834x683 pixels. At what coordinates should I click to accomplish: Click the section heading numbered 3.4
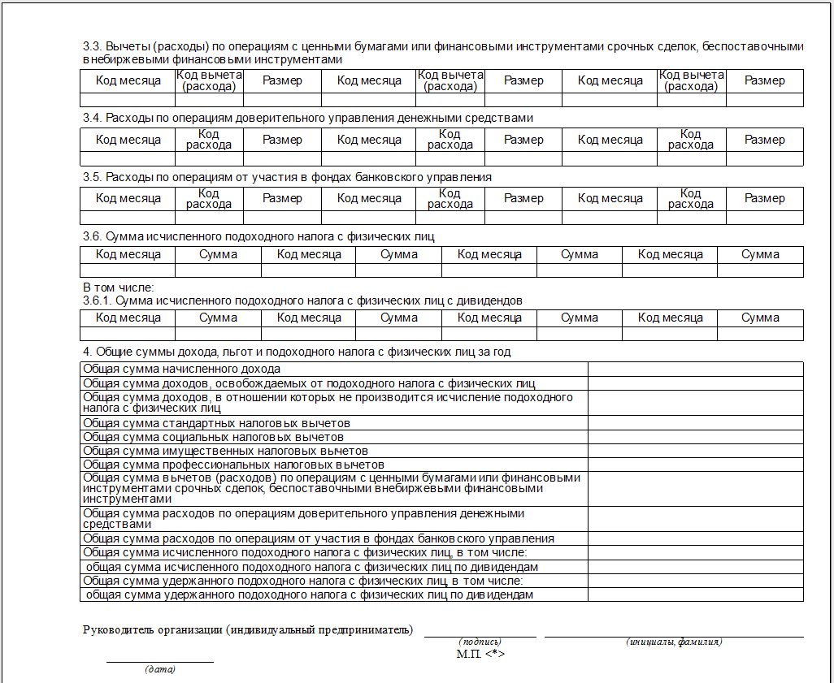(x=308, y=118)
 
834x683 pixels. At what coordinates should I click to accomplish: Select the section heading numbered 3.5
(x=287, y=177)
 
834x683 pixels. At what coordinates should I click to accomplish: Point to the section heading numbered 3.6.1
(x=302, y=300)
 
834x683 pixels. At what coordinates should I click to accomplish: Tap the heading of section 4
(x=297, y=352)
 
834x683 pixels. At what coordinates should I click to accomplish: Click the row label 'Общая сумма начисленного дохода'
(x=182, y=369)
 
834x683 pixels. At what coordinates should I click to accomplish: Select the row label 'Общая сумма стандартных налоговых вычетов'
(x=217, y=423)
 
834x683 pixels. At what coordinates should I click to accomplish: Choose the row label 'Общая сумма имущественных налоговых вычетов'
(x=226, y=451)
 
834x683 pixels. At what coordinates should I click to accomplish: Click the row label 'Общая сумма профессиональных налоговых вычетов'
(x=234, y=465)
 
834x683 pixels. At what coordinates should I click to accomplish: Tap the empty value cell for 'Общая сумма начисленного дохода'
(x=695, y=369)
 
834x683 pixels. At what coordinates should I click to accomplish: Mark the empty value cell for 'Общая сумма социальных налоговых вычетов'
(x=695, y=437)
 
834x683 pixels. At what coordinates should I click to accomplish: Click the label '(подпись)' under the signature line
(x=480, y=642)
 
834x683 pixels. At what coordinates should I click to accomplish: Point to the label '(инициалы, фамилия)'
(x=674, y=642)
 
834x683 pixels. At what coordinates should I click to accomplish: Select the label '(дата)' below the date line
(x=160, y=670)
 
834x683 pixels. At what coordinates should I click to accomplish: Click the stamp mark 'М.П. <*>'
(x=480, y=653)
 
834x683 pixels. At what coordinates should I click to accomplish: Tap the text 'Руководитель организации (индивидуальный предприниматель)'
(x=248, y=630)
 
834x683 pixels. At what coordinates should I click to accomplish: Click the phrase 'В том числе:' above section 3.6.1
(x=119, y=287)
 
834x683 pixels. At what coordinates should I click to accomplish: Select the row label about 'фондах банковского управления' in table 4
(x=319, y=538)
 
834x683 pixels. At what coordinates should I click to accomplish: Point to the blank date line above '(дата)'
(x=160, y=661)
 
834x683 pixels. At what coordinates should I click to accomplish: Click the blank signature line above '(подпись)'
(x=480, y=637)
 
